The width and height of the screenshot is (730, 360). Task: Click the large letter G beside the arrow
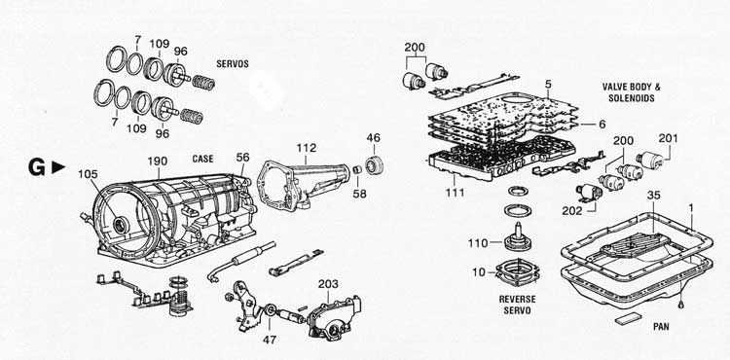(37, 168)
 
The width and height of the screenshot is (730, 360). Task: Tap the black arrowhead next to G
(58, 167)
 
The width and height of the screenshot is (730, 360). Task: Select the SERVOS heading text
(233, 64)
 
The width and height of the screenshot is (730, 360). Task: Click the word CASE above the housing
(203, 159)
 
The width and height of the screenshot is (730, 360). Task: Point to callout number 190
(158, 162)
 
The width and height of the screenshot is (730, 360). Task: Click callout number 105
(88, 174)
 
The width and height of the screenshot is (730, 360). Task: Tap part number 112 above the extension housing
(307, 148)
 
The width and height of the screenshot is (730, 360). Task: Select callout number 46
(374, 137)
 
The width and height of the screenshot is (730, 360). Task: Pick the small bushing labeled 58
(358, 169)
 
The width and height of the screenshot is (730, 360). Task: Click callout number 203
(329, 284)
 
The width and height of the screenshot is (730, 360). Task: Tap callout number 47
(269, 340)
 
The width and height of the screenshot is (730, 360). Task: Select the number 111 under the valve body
(455, 193)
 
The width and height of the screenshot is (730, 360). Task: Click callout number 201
(668, 138)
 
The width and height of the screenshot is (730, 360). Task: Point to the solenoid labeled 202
(590, 192)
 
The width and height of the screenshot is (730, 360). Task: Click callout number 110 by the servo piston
(479, 243)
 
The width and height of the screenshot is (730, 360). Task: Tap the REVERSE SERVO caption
(517, 305)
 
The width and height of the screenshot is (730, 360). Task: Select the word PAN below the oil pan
(661, 327)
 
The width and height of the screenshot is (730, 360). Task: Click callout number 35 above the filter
(653, 196)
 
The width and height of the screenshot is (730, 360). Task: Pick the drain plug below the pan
(681, 304)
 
